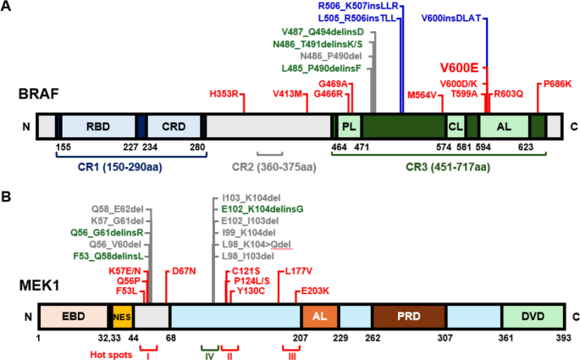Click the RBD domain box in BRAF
(98, 126)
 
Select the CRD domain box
(174, 126)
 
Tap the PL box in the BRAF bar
(349, 126)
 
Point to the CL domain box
(456, 126)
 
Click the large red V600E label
(459, 68)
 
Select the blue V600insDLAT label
(451, 18)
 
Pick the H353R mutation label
(224, 94)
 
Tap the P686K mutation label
(557, 84)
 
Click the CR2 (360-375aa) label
(274, 167)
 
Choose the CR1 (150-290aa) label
(120, 167)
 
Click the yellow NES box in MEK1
(122, 317)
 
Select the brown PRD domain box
(409, 317)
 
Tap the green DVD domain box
(533, 317)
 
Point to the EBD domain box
(74, 317)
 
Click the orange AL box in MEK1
(320, 317)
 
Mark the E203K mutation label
(315, 291)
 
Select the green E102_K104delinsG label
(262, 209)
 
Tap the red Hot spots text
(111, 355)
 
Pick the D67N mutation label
(184, 272)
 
